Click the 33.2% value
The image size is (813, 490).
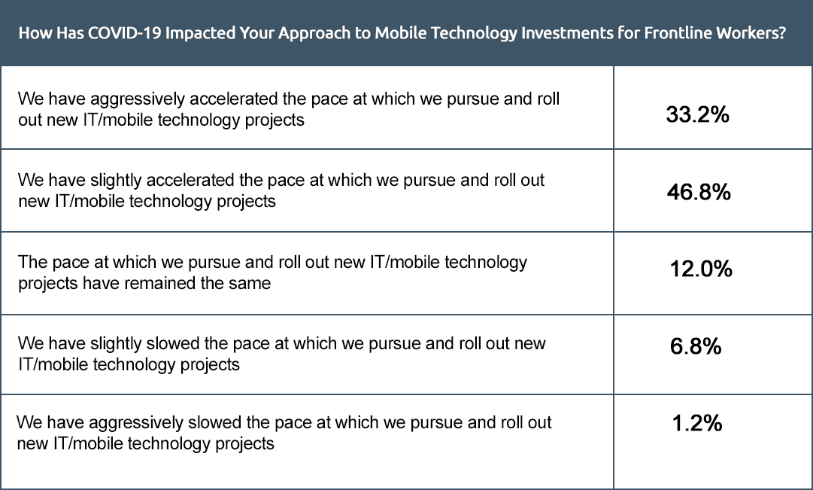tap(697, 114)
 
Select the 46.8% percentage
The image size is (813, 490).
tap(699, 192)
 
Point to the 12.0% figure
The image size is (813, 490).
tap(701, 269)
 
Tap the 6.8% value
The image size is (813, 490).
tap(696, 345)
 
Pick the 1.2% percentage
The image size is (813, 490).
tap(697, 423)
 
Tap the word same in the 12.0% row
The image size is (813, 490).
tap(252, 284)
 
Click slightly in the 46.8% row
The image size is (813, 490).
tap(116, 181)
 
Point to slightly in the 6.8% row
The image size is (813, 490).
tap(116, 344)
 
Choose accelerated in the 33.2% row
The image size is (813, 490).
tap(233, 99)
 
